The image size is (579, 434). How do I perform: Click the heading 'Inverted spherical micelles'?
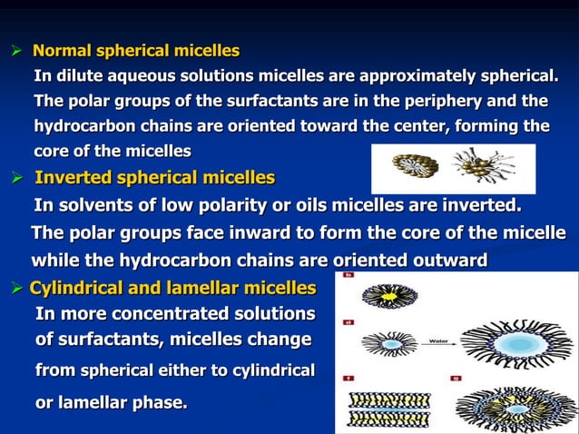click(x=154, y=176)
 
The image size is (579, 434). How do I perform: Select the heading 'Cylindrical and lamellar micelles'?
click(x=172, y=289)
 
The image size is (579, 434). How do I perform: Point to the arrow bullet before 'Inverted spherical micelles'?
click(x=15, y=176)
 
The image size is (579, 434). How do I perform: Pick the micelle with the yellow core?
click(x=378, y=296)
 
